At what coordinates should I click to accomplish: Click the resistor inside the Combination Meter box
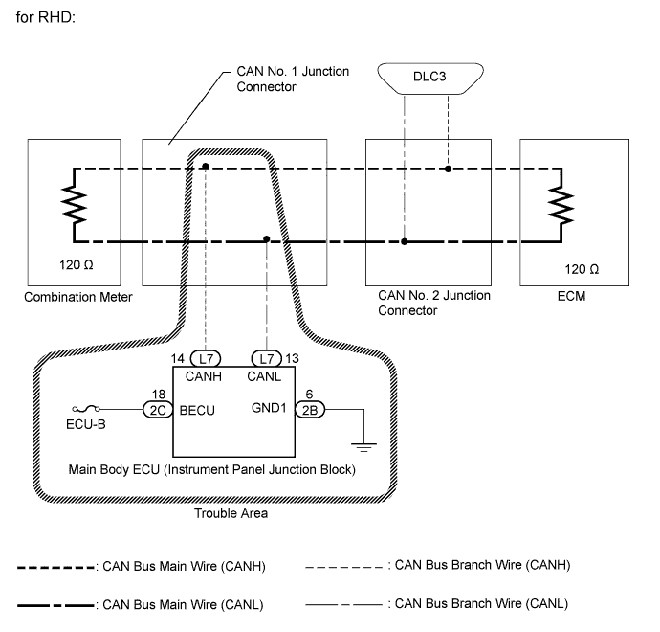tap(74, 204)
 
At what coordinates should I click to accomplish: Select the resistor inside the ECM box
tap(561, 204)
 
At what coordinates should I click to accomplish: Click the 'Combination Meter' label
tap(78, 297)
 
